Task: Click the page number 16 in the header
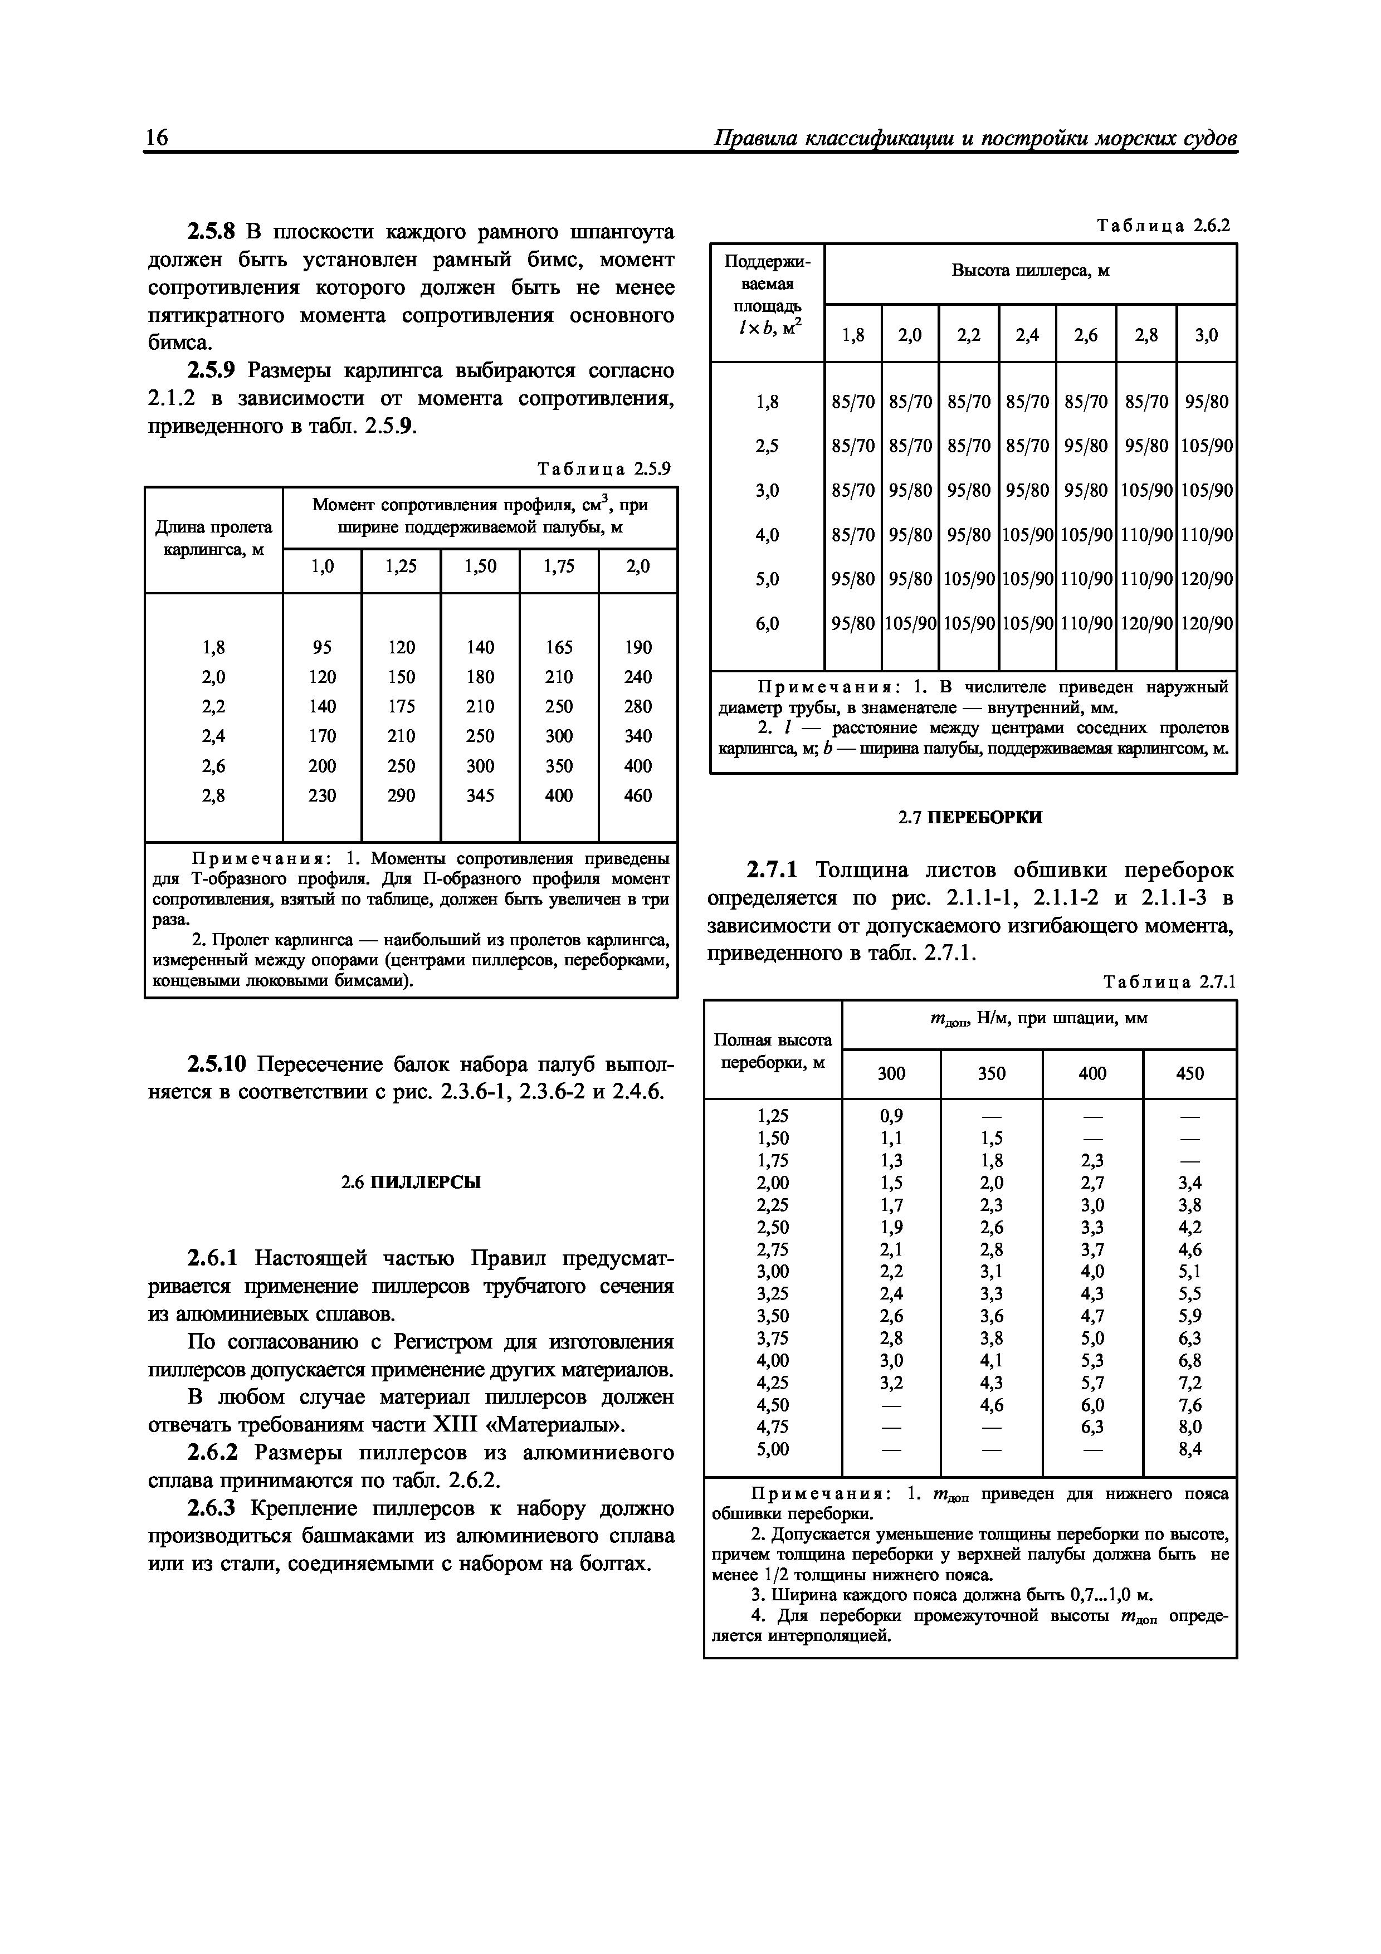click(158, 138)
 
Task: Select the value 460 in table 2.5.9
click(637, 796)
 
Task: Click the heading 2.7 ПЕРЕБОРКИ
click(970, 818)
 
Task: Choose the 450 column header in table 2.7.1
click(1189, 1074)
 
